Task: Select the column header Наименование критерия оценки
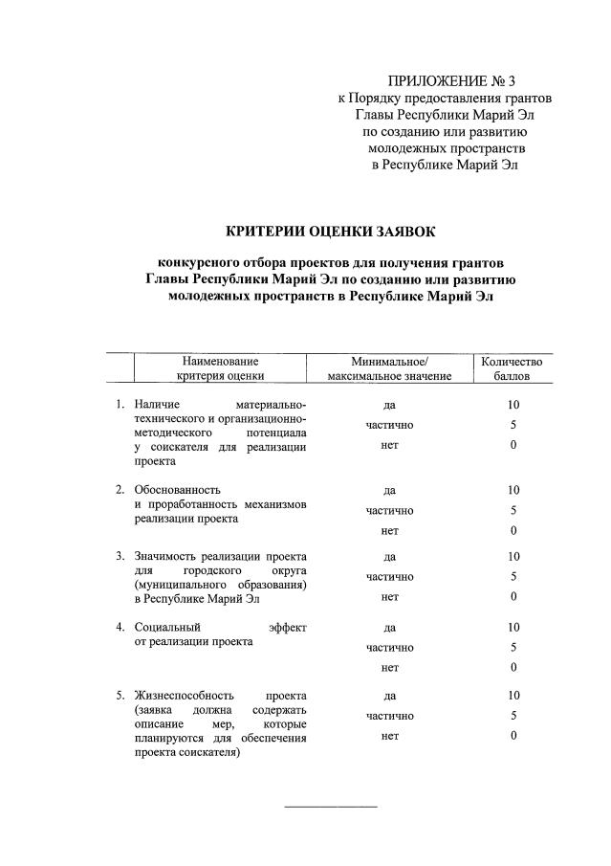click(x=219, y=369)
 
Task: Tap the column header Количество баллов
click(x=512, y=369)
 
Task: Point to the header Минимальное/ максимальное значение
click(x=389, y=369)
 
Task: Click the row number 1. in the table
click(x=120, y=406)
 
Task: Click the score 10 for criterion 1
click(x=513, y=406)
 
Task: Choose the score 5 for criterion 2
click(x=513, y=510)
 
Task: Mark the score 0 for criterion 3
click(x=513, y=597)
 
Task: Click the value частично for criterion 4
click(x=389, y=648)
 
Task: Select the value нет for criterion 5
click(x=389, y=736)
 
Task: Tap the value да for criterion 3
click(x=389, y=556)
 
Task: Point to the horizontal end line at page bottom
click(x=332, y=806)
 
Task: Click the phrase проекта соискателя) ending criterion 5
click(x=187, y=752)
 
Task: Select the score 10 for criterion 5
click(x=513, y=695)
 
